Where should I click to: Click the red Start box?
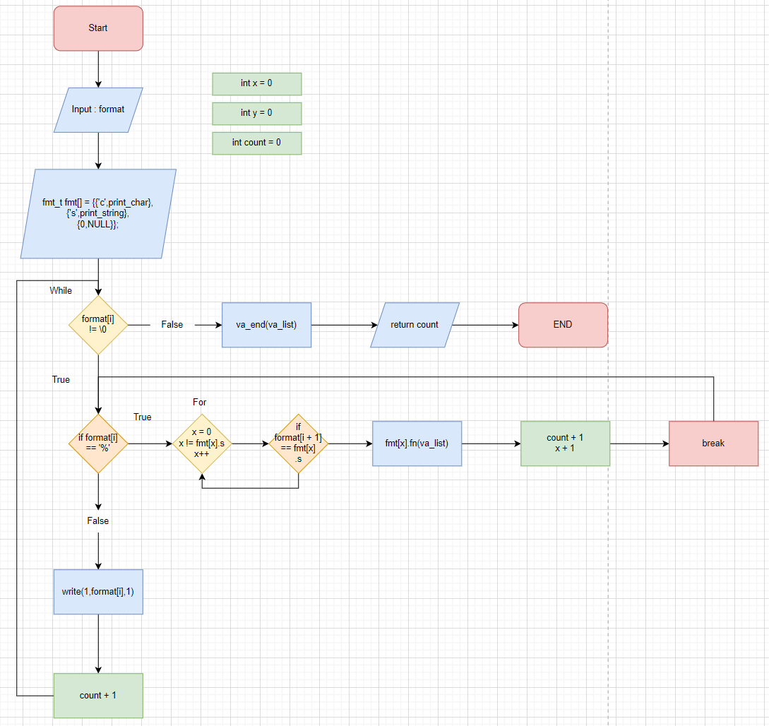[98, 28]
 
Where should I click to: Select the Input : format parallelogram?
[98, 109]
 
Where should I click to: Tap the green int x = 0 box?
[256, 83]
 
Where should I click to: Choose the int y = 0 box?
[256, 113]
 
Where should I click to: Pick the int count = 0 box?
[256, 143]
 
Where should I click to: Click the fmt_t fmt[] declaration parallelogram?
[98, 213]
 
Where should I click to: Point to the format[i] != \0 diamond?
[98, 325]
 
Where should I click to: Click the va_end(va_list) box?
[266, 325]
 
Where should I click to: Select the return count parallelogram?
[415, 325]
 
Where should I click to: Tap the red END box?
[563, 325]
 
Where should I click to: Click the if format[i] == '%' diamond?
[98, 444]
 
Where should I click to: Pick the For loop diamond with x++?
[202, 444]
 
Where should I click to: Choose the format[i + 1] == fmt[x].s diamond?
[298, 444]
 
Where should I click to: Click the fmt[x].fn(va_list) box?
[417, 444]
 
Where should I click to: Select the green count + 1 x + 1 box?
[565, 444]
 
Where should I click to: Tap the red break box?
[713, 444]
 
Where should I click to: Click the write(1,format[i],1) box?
[98, 591]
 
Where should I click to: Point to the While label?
[61, 290]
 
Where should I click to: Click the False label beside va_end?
[172, 325]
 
